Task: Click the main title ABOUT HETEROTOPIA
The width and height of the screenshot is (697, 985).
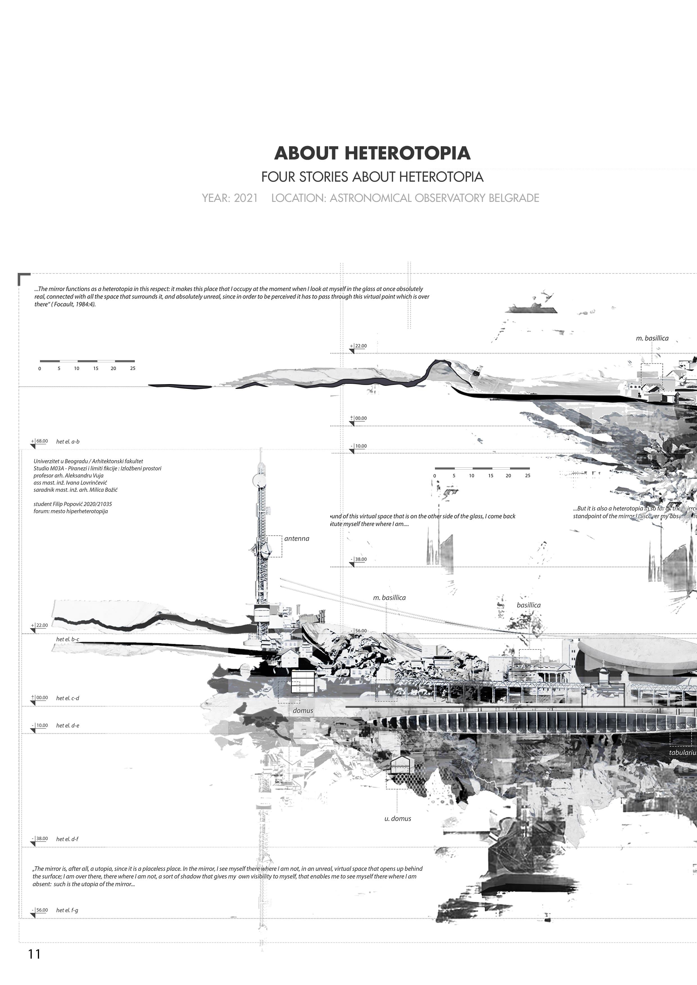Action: [372, 153]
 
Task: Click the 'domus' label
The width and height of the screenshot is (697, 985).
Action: [303, 710]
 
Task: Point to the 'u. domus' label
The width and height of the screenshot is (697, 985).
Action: [398, 818]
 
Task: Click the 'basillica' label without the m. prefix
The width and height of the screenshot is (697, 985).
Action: [528, 605]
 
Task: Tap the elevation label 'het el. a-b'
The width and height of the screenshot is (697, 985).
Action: [68, 441]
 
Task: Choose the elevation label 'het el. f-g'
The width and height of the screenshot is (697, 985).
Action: [67, 910]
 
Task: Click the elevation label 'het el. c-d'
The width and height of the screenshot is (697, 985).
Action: [67, 698]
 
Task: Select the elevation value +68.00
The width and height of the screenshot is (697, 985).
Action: [42, 441]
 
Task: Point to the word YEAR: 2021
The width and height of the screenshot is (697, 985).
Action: [230, 198]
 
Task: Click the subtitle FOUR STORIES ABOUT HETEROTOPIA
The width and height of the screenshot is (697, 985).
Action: [372, 177]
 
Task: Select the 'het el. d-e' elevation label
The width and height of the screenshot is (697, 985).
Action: [67, 726]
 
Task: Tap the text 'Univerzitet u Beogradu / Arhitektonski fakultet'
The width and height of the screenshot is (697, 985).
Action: [88, 461]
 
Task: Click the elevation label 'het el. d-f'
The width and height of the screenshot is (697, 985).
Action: [67, 839]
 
